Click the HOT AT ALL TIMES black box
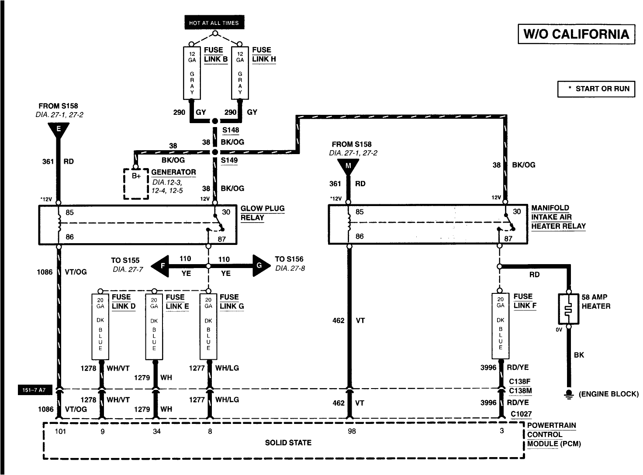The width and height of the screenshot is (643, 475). click(214, 22)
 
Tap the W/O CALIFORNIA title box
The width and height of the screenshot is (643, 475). click(576, 34)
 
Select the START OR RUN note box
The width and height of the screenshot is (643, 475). click(596, 89)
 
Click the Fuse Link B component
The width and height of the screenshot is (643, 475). click(192, 73)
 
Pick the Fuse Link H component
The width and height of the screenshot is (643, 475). click(240, 73)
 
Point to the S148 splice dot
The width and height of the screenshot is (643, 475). click(215, 121)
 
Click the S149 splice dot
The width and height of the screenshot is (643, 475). click(215, 152)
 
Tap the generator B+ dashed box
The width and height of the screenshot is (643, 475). click(136, 184)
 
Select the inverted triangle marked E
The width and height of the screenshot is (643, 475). click(59, 130)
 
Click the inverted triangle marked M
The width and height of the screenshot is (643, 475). click(348, 167)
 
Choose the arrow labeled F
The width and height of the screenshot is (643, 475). click(160, 266)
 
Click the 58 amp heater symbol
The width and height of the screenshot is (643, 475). click(568, 309)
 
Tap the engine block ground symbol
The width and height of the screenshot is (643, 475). click(569, 394)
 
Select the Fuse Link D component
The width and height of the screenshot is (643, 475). click(100, 327)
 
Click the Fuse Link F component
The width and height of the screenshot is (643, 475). click(500, 326)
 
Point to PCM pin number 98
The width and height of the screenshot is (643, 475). click(352, 431)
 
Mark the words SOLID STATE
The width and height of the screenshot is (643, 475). click(288, 443)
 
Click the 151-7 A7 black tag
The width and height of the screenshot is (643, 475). click(35, 390)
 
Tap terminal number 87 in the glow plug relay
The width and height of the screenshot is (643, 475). click(222, 239)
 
